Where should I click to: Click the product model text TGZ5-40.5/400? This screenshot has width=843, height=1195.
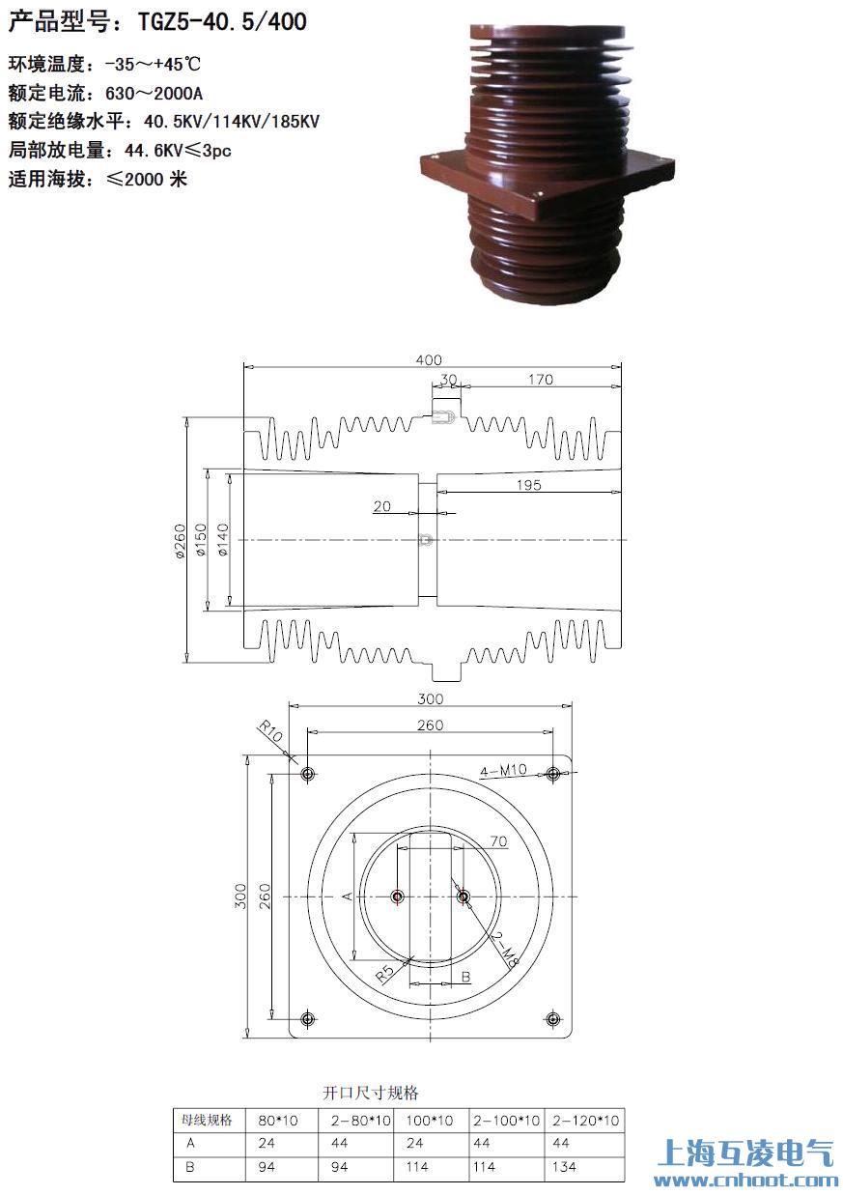(222, 22)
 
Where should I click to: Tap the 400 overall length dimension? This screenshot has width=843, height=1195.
(429, 360)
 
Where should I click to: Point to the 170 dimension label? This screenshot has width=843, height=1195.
(541, 380)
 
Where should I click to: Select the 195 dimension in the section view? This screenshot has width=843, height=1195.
(528, 485)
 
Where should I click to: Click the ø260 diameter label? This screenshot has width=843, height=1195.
(180, 541)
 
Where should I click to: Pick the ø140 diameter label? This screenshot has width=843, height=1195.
(223, 540)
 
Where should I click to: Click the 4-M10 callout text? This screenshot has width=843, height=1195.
(503, 771)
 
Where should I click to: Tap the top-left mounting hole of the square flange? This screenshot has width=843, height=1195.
(308, 774)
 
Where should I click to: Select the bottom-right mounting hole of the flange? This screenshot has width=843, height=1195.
(553, 1019)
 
